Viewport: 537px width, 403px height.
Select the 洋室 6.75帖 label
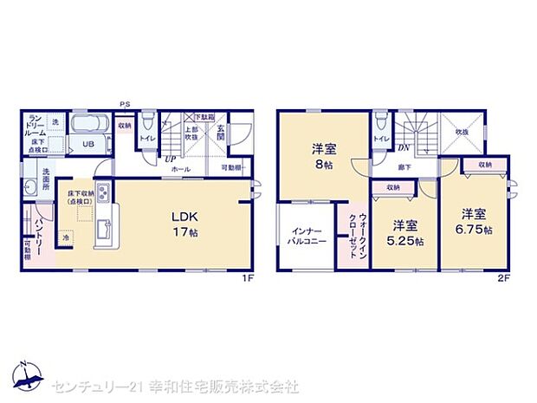(476, 220)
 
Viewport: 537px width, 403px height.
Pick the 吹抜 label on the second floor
(463, 131)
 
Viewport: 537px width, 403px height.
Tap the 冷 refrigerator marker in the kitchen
(67, 235)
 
